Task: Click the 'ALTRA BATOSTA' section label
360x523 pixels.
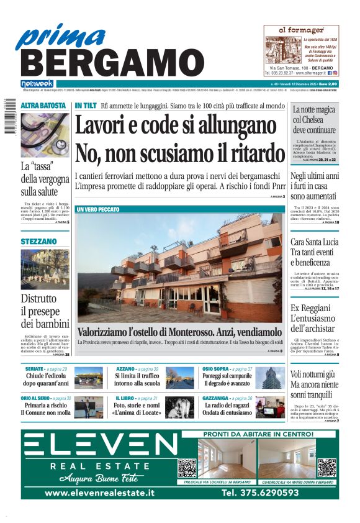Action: click(x=43, y=106)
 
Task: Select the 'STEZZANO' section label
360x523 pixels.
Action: click(x=38, y=240)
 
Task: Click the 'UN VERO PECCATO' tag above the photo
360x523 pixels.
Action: click(x=98, y=210)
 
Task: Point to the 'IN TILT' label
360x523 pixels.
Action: click(x=86, y=106)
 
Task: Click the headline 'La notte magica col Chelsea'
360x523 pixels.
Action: click(x=314, y=120)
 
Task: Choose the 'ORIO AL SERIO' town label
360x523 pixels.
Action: click(x=35, y=398)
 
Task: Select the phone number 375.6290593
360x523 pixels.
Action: click(x=260, y=493)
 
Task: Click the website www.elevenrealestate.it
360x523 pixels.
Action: click(x=99, y=493)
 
